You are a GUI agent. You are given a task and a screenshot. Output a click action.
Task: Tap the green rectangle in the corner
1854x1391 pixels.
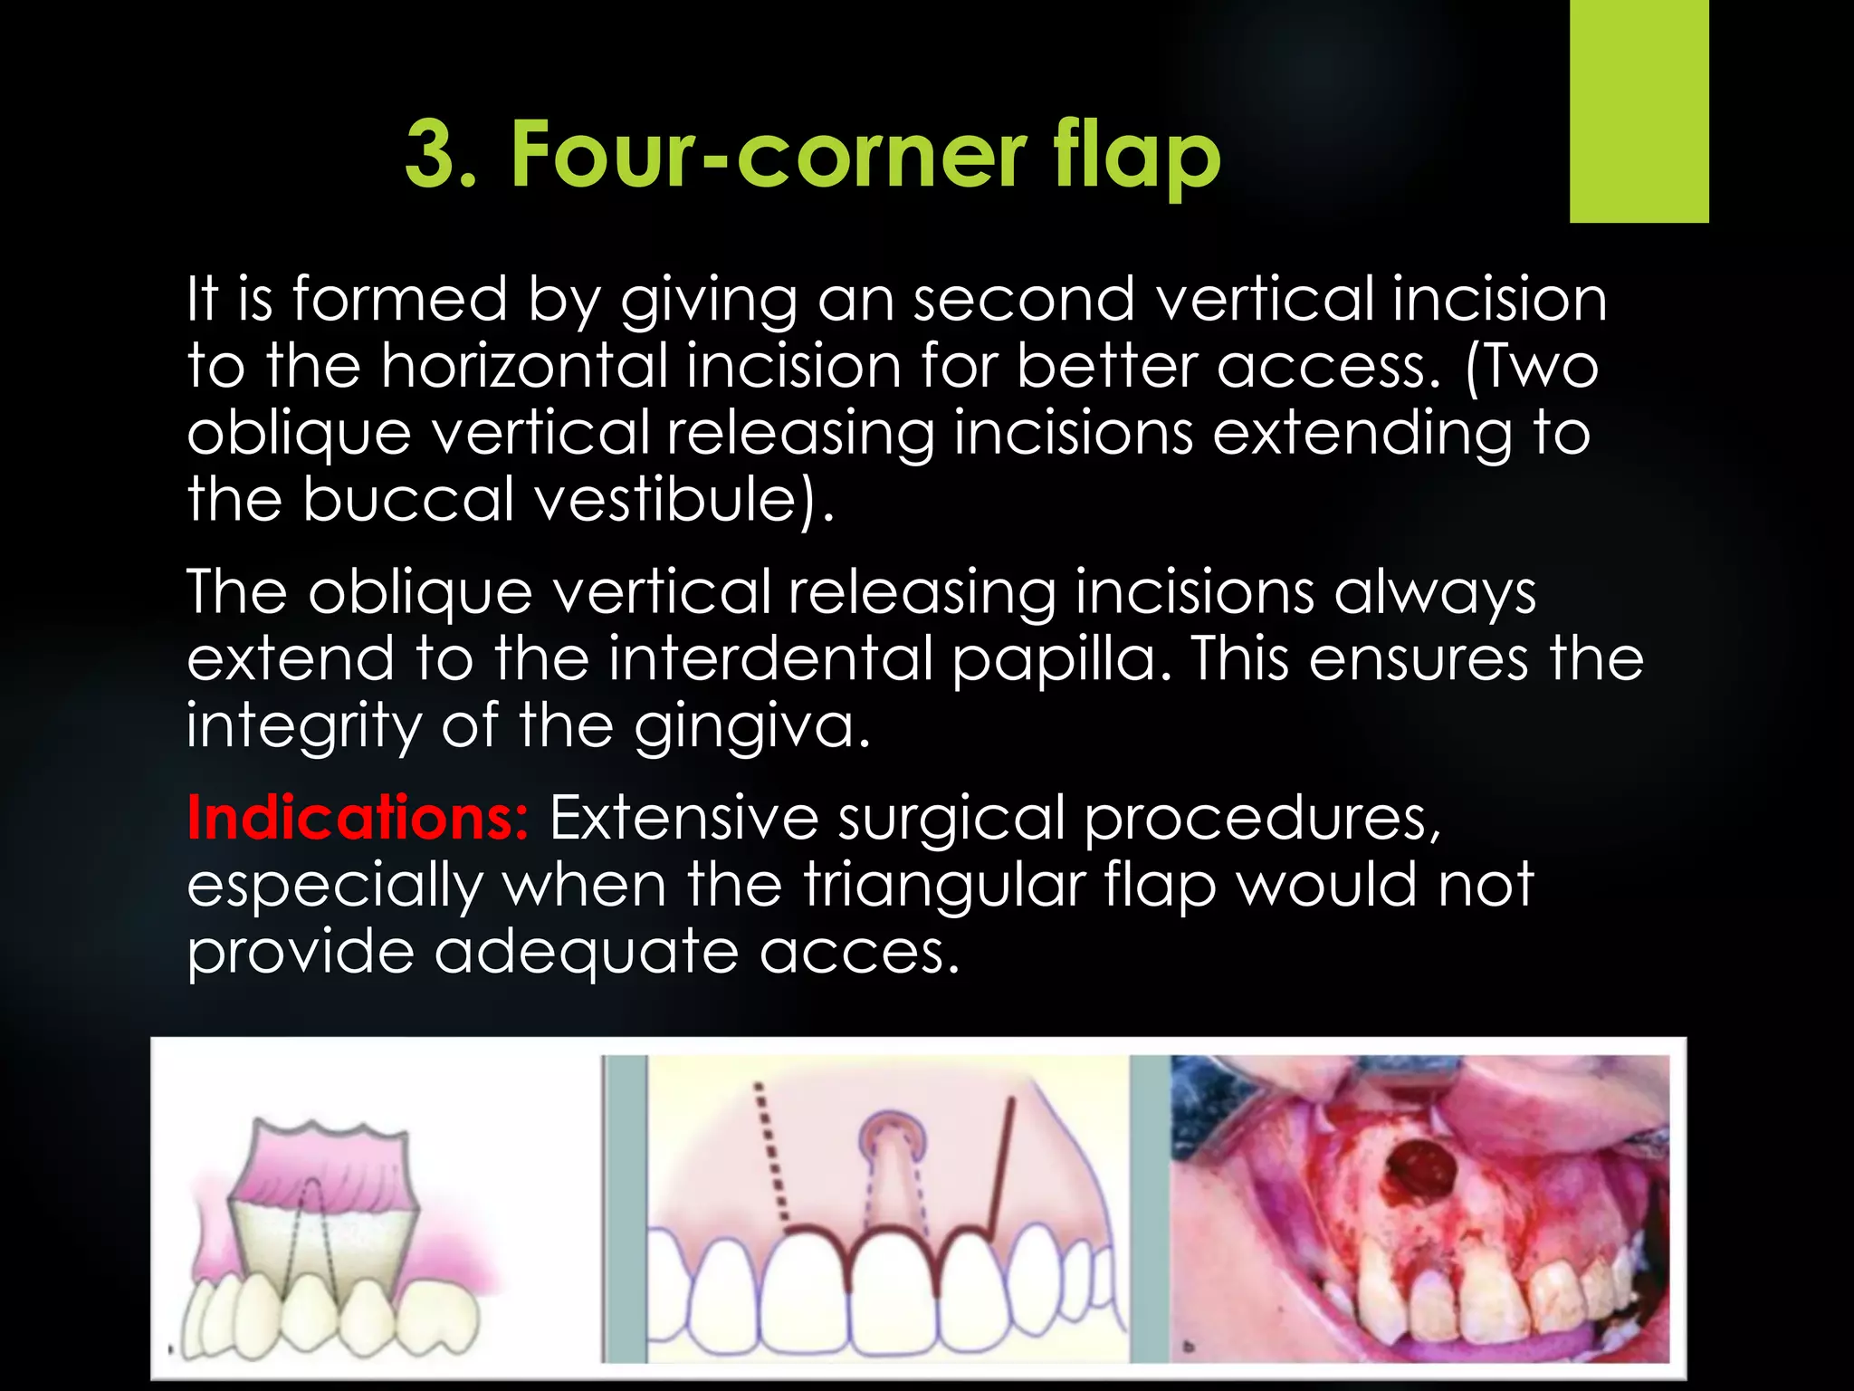pos(1639,110)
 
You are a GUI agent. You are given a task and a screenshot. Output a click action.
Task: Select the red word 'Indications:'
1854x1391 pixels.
pos(358,818)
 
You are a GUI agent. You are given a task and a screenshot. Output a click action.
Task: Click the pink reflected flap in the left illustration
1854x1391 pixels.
pos(326,1168)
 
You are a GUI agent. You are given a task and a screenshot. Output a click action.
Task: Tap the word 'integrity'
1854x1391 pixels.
pos(303,725)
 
